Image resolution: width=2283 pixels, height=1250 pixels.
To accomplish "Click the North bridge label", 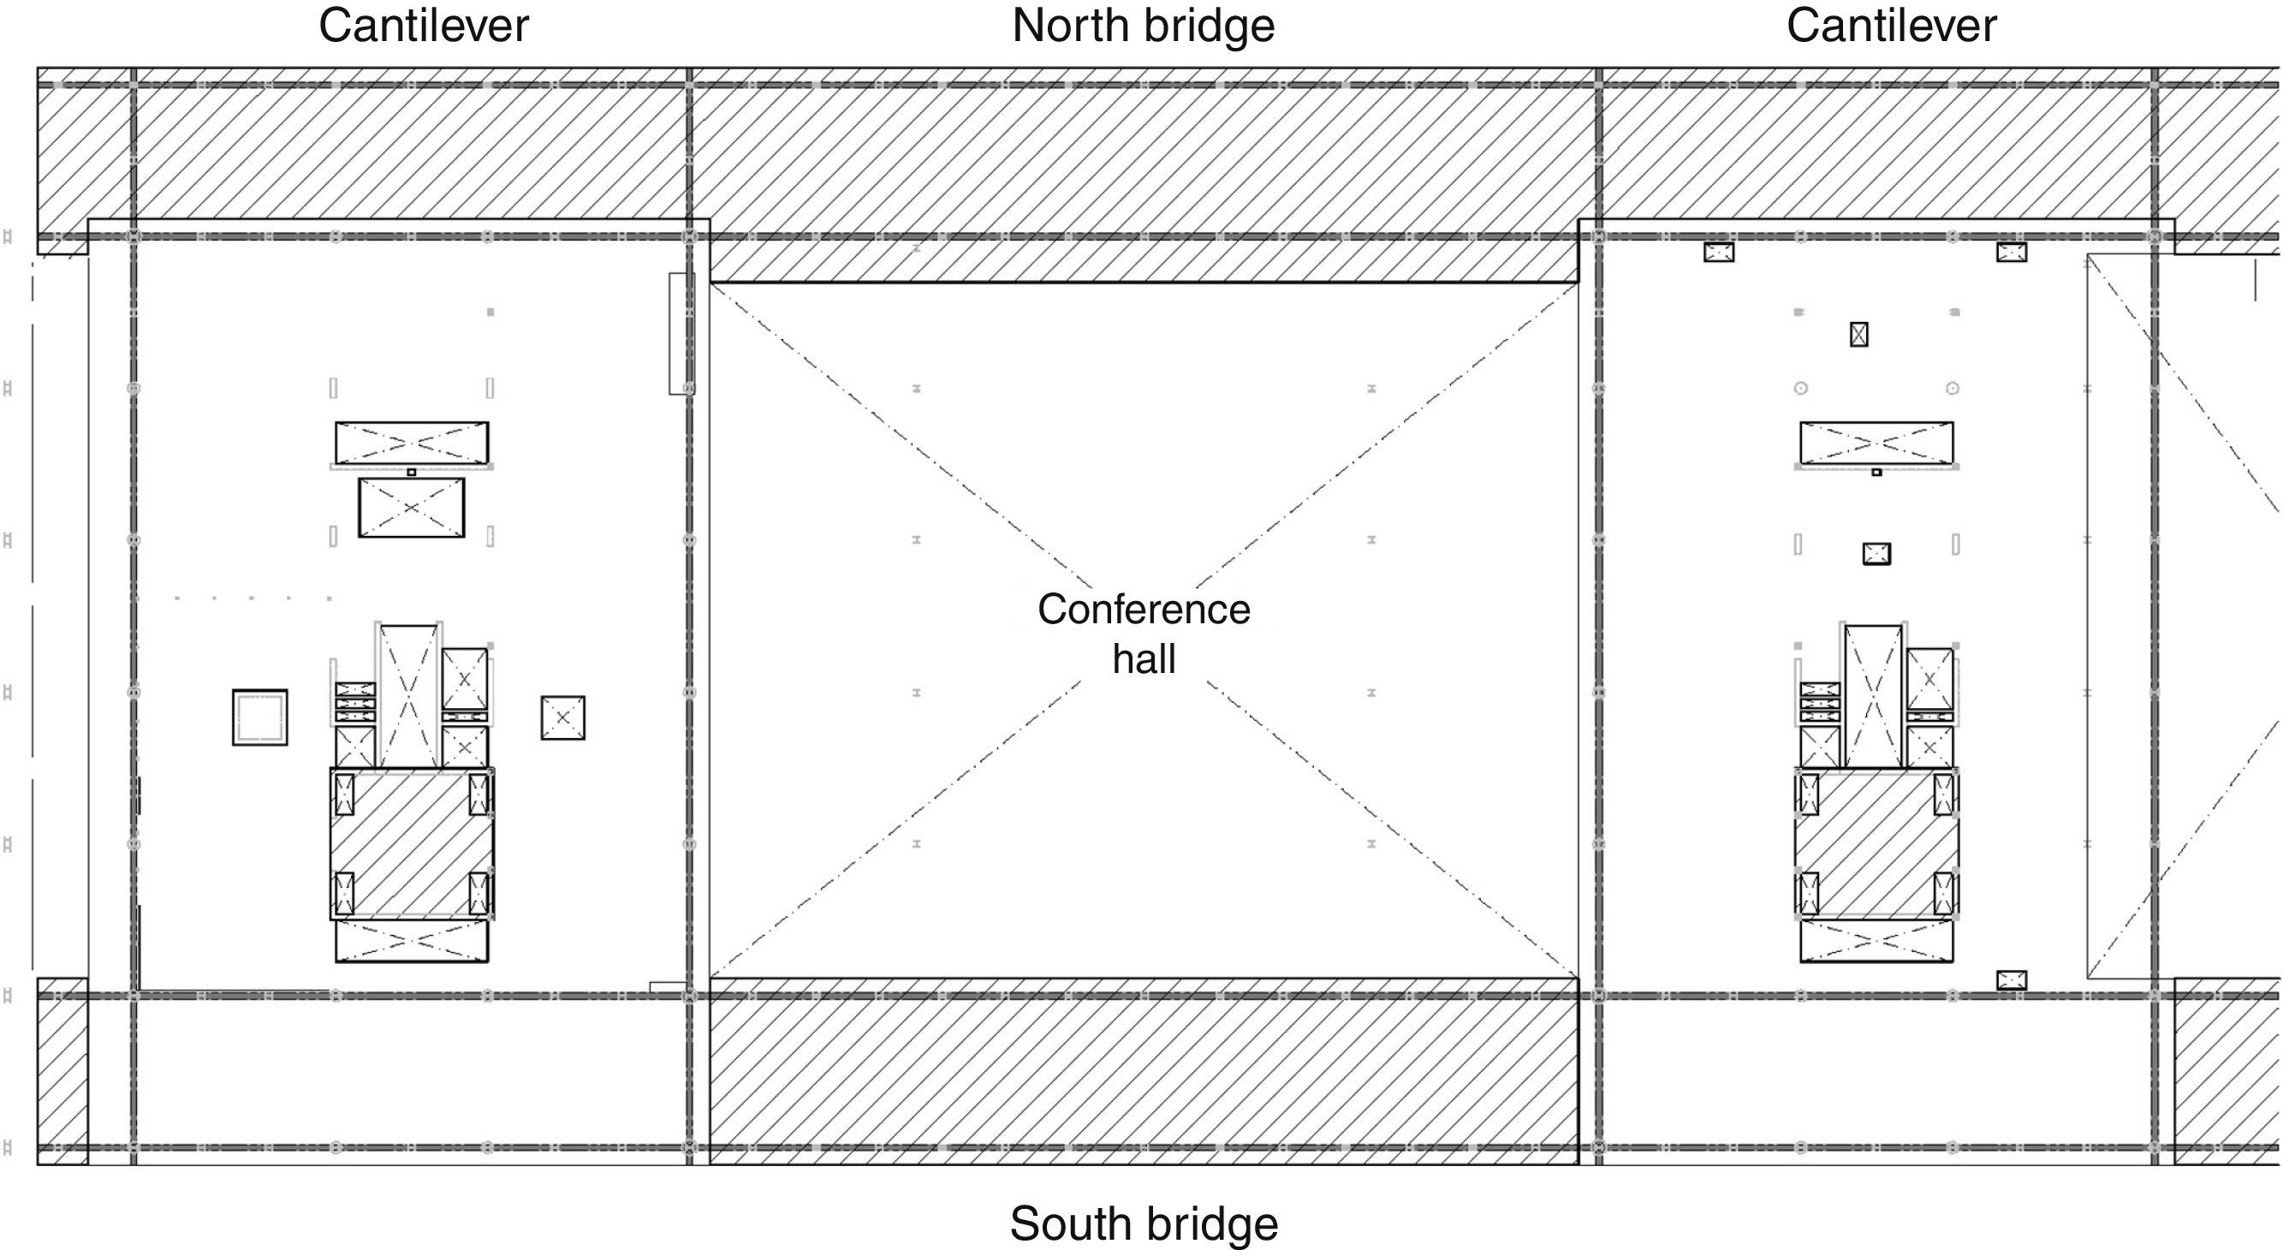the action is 1144,26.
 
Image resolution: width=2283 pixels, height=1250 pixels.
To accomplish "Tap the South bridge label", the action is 1144,1223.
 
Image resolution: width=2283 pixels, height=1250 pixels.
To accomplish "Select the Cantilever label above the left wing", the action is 424,26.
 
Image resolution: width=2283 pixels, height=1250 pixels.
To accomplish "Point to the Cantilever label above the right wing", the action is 1891,26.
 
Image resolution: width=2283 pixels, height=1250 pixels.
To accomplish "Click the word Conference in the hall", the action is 1144,609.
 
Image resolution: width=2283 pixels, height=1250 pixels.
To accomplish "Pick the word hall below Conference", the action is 1144,659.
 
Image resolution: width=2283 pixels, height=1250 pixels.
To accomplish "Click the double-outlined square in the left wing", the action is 259,717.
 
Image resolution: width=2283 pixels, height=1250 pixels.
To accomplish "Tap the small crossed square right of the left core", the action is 562,717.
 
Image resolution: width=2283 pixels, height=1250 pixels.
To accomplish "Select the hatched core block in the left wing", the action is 412,844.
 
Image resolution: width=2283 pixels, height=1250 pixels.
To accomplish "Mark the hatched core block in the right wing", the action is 1876,844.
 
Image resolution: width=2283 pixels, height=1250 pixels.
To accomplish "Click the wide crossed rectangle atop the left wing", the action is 411,443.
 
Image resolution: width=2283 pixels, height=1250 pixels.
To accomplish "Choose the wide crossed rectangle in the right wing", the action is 1876,443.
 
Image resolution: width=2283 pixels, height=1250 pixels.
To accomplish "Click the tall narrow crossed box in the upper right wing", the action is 1858,334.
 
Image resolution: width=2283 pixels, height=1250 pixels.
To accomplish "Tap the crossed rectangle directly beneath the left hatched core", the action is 411,941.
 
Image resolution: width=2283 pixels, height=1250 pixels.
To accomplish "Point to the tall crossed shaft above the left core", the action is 408,696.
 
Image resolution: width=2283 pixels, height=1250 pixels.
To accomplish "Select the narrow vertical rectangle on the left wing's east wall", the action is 681,333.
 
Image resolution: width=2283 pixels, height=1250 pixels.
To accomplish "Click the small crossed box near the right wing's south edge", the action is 2011,980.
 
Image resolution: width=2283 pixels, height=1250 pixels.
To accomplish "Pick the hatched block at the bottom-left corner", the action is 62,1071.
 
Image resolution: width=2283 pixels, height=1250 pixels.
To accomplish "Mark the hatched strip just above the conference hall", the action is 1144,259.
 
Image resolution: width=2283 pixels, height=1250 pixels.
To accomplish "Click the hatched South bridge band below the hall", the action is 1144,1071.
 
